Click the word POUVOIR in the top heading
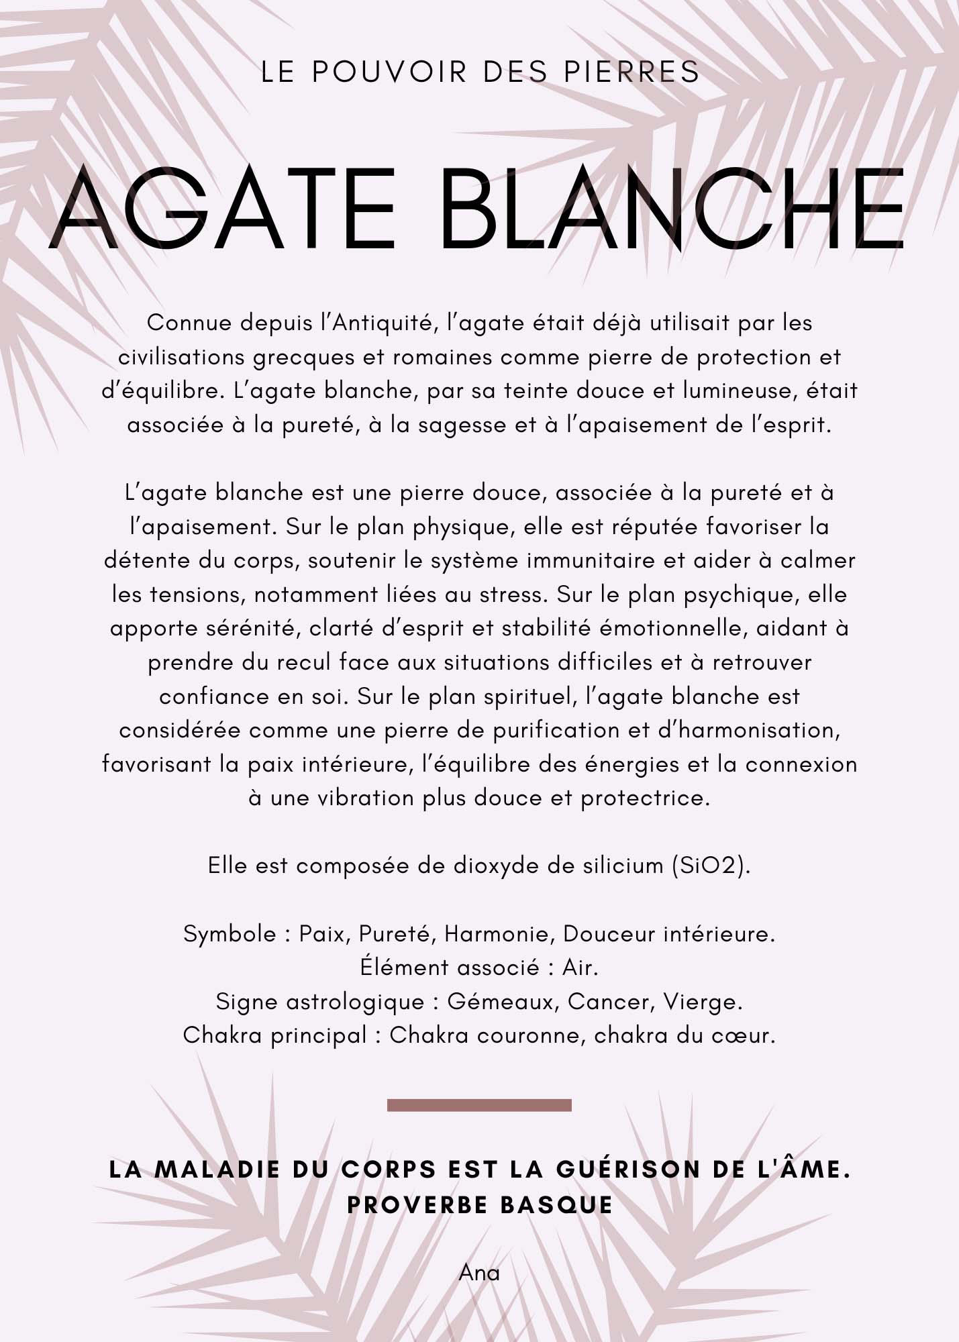tap(389, 72)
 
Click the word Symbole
tap(230, 934)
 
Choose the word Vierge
tap(702, 1002)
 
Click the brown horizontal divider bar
tap(479, 1105)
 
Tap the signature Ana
tap(479, 1273)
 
